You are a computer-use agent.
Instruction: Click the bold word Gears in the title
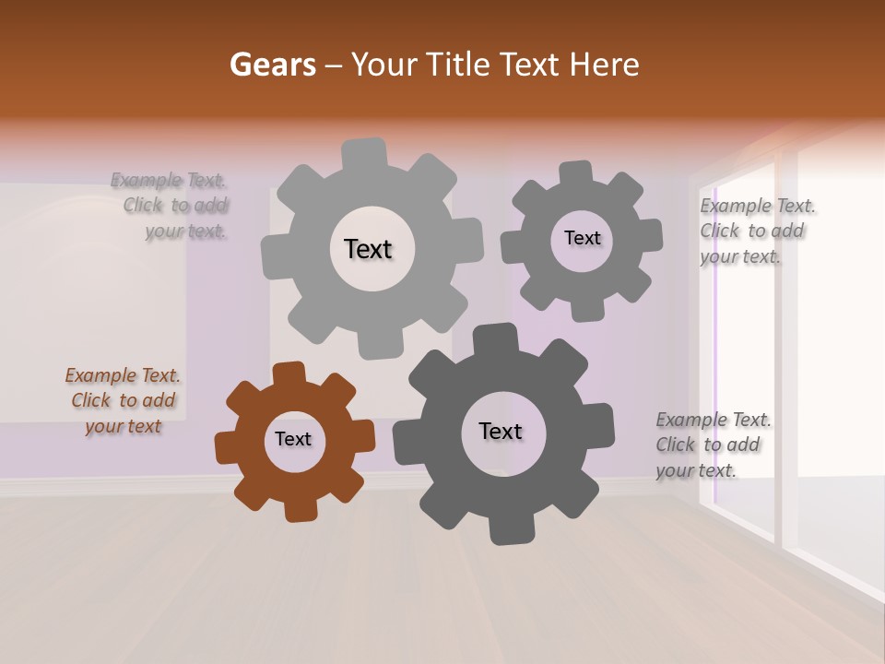(272, 65)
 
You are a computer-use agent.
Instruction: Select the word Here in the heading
(604, 65)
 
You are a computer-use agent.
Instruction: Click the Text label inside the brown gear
(293, 439)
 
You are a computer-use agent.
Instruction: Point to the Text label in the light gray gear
(368, 249)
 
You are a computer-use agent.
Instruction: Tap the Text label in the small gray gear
(582, 238)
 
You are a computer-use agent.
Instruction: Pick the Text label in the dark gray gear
(501, 431)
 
